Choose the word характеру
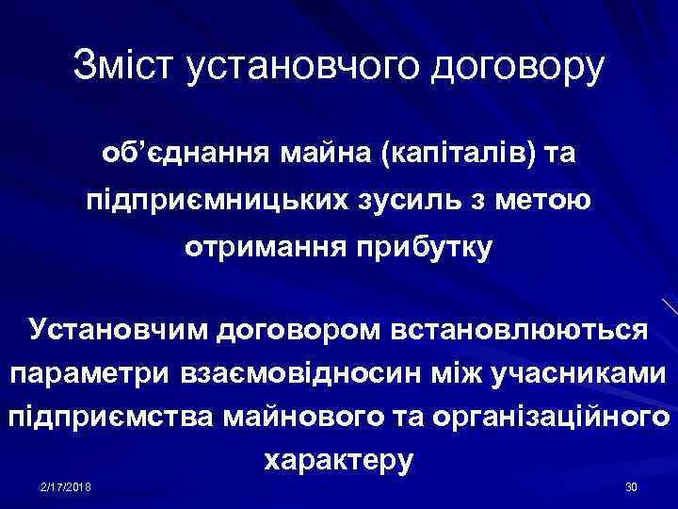[x=339, y=460]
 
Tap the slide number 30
[x=631, y=485]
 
